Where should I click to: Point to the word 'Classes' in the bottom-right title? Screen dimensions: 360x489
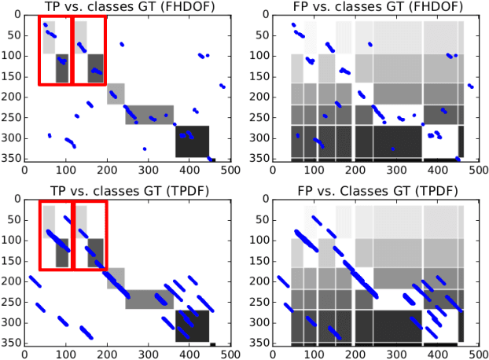tap(347, 191)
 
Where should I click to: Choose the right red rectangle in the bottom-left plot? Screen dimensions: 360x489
tap(89, 234)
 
